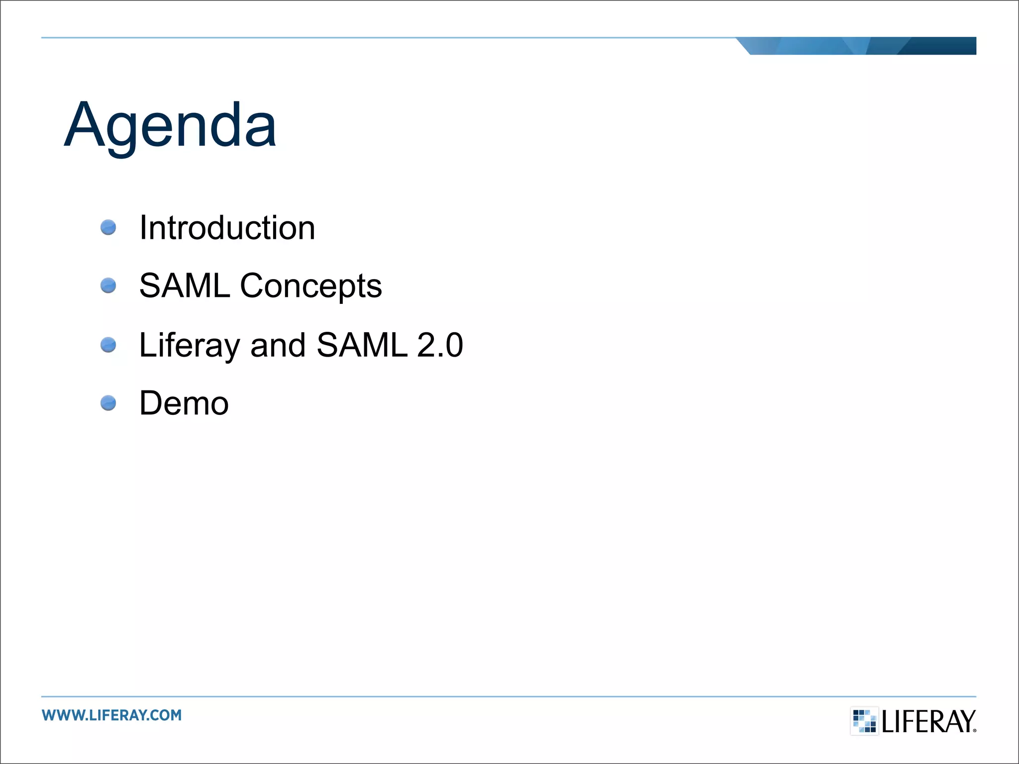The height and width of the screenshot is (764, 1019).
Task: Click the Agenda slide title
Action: pyautogui.click(x=170, y=125)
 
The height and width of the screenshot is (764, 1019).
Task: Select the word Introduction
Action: pyautogui.click(x=227, y=228)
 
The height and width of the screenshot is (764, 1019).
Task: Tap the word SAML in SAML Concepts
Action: pyautogui.click(x=185, y=286)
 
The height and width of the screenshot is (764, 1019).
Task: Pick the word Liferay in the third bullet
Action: pyautogui.click(x=190, y=346)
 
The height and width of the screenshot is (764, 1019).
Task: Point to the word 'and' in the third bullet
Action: pyautogui.click(x=278, y=345)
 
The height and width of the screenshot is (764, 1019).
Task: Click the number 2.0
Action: pyautogui.click(x=440, y=345)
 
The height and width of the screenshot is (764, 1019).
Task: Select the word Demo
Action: pyautogui.click(x=184, y=403)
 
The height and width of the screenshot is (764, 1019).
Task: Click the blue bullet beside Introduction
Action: pyautogui.click(x=108, y=228)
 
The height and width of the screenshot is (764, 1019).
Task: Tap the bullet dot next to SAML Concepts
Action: pyautogui.click(x=108, y=286)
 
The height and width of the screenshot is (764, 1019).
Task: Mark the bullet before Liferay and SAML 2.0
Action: pyautogui.click(x=108, y=345)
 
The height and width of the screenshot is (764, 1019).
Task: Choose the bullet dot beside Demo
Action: pyautogui.click(x=108, y=403)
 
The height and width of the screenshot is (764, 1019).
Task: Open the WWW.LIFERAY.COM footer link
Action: pyautogui.click(x=112, y=715)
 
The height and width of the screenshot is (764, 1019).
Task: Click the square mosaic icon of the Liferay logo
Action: pyautogui.click(x=864, y=721)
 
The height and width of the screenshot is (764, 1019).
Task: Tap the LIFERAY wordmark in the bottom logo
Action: pyautogui.click(x=928, y=722)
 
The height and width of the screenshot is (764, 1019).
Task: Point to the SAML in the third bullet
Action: pyautogui.click(x=362, y=345)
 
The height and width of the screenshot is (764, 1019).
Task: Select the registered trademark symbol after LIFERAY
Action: pyautogui.click(x=974, y=730)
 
